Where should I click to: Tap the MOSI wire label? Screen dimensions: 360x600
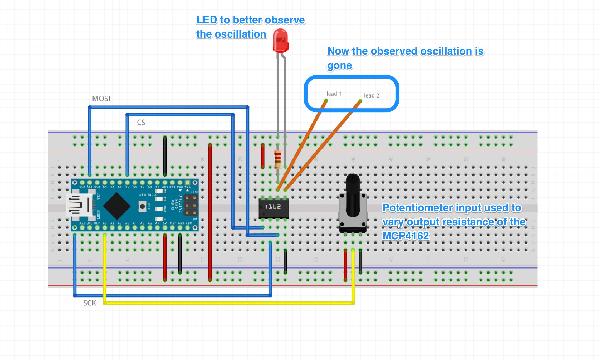click(101, 99)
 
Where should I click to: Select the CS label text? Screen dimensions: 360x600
click(141, 123)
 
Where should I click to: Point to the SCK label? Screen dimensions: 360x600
click(89, 303)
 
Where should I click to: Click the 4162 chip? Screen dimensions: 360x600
click(274, 208)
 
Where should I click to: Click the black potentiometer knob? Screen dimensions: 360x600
click(353, 195)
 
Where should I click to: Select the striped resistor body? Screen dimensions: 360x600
click(277, 160)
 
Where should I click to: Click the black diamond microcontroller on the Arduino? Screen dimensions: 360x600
click(117, 206)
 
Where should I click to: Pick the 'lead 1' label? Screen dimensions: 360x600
click(334, 94)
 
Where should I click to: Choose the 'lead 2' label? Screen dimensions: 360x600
click(371, 96)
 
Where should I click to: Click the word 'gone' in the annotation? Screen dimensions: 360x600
click(340, 66)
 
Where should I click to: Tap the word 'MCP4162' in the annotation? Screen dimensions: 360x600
click(406, 236)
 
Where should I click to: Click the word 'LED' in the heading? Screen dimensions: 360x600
click(207, 20)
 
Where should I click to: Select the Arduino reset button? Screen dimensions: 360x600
click(142, 206)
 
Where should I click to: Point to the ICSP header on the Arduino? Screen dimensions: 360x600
click(191, 205)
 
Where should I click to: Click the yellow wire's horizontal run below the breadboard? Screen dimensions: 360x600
click(228, 303)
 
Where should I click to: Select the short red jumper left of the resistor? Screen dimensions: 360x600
click(262, 156)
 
